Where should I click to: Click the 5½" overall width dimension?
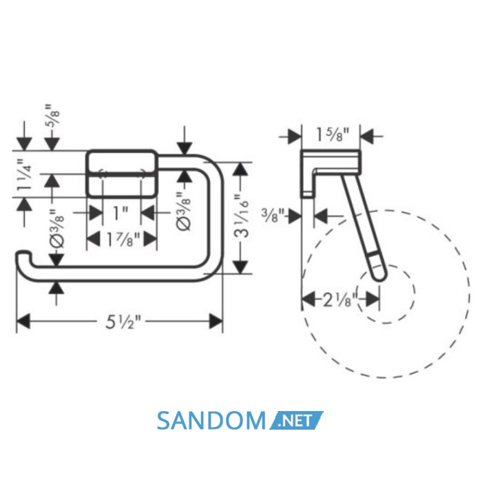click(x=123, y=322)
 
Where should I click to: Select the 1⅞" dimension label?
click(x=123, y=240)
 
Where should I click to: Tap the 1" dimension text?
click(x=120, y=213)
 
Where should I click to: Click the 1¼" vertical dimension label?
click(x=24, y=175)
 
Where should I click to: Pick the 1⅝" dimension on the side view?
click(x=333, y=135)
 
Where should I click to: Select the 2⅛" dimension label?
click(x=340, y=300)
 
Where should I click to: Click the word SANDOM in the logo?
click(x=211, y=421)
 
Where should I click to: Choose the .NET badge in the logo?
click(x=296, y=420)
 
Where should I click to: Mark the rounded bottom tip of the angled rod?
click(x=379, y=278)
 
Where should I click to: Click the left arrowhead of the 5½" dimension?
click(x=23, y=322)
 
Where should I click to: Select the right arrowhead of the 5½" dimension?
click(x=216, y=322)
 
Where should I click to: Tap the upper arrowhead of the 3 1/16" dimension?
click(x=241, y=169)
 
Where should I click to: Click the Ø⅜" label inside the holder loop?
click(x=184, y=212)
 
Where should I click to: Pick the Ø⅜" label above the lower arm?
click(x=57, y=229)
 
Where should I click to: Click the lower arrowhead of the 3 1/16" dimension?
click(x=241, y=267)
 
